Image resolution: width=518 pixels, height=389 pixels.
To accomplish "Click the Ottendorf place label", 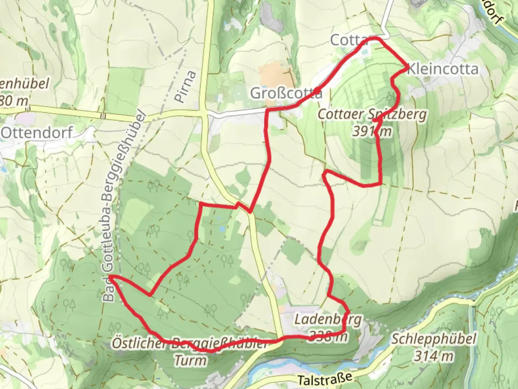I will [37, 133].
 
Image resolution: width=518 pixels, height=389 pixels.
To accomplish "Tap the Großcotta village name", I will [286, 93].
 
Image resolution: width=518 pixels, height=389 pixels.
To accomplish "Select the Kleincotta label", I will [443, 69].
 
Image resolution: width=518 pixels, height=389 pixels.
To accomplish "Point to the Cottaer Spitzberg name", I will [372, 115].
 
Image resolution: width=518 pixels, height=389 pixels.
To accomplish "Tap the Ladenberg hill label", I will [328, 319].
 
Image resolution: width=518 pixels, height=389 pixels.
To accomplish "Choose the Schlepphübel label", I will [434, 339].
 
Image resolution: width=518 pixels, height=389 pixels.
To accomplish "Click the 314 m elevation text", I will [433, 356].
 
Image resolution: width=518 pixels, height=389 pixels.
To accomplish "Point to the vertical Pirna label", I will [187, 86].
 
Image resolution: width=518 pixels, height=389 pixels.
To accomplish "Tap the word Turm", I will [191, 360].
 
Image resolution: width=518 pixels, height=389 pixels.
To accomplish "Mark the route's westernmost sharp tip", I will [109, 276].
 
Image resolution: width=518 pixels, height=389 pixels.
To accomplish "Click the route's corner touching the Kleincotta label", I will [407, 67].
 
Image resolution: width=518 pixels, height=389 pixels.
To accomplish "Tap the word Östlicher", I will [138, 343].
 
